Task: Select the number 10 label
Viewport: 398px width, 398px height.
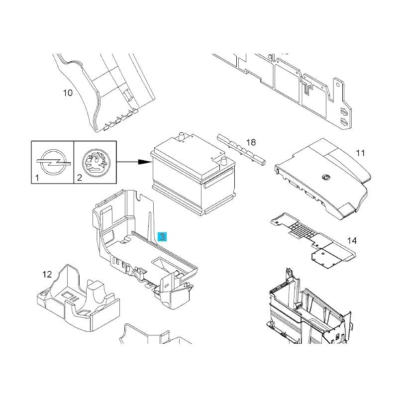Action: [68, 93]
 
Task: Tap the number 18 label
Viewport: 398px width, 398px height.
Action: [251, 143]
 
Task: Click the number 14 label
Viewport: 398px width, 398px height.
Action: [352, 241]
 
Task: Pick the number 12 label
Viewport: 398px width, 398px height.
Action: [47, 274]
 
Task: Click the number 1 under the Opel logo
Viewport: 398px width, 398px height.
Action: [37, 177]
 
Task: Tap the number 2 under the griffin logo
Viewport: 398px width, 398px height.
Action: [79, 177]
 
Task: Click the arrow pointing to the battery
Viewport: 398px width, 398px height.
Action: [134, 162]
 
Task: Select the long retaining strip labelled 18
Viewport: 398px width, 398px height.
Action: [241, 149]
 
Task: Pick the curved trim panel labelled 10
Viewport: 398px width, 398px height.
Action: [99, 95]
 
